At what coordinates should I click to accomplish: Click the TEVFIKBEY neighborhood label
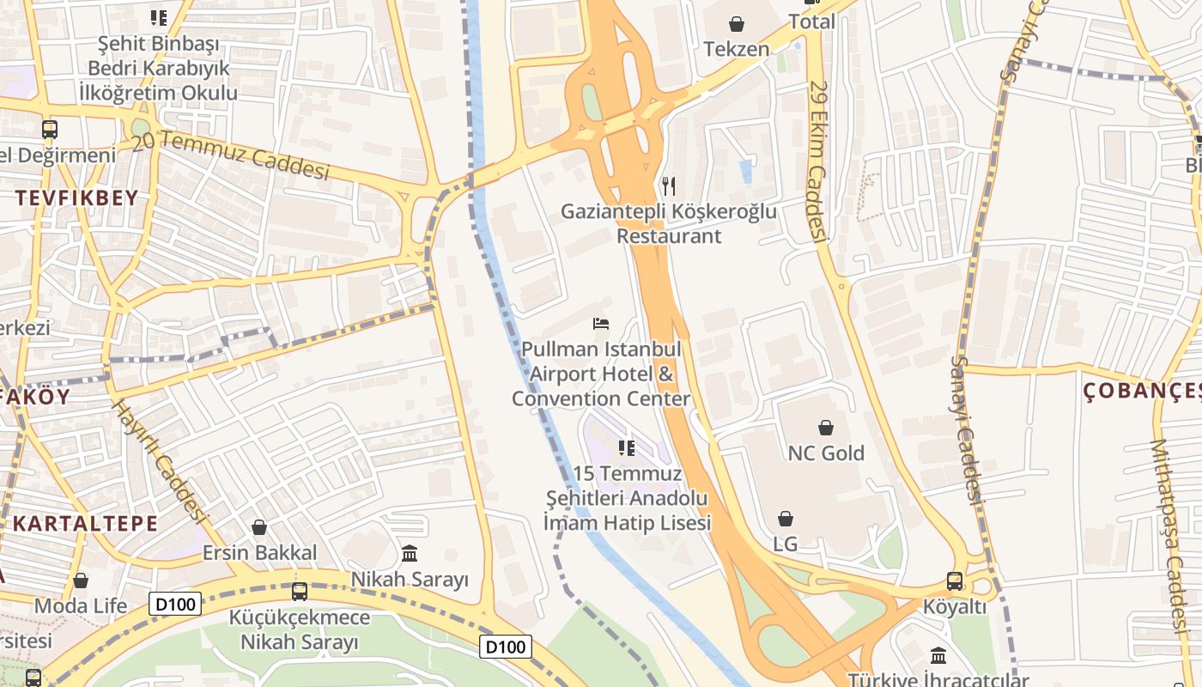click(x=76, y=198)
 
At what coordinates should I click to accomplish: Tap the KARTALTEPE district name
click(x=85, y=523)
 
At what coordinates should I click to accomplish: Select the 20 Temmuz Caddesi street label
click(x=231, y=155)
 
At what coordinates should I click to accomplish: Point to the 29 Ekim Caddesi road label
click(x=817, y=161)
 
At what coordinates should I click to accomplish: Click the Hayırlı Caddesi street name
click(x=161, y=461)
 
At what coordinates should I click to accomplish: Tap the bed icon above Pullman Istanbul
click(x=601, y=324)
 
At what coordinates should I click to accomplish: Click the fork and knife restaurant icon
click(x=669, y=185)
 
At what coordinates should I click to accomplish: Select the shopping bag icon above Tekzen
click(x=736, y=23)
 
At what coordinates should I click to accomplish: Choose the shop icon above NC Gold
click(x=826, y=427)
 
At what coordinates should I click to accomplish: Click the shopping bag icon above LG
click(x=785, y=519)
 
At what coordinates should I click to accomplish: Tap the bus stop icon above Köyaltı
click(x=954, y=581)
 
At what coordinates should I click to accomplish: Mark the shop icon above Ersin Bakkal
click(x=259, y=527)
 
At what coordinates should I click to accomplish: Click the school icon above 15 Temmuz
click(x=627, y=447)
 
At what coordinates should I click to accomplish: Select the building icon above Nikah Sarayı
click(x=410, y=553)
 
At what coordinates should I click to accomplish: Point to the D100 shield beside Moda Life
click(x=175, y=604)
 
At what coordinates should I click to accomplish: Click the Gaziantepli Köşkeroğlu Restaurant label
click(x=669, y=223)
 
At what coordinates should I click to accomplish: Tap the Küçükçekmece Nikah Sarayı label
click(x=299, y=629)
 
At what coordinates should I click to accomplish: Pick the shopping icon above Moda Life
click(x=81, y=581)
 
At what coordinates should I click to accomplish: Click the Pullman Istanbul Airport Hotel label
click(x=601, y=374)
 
